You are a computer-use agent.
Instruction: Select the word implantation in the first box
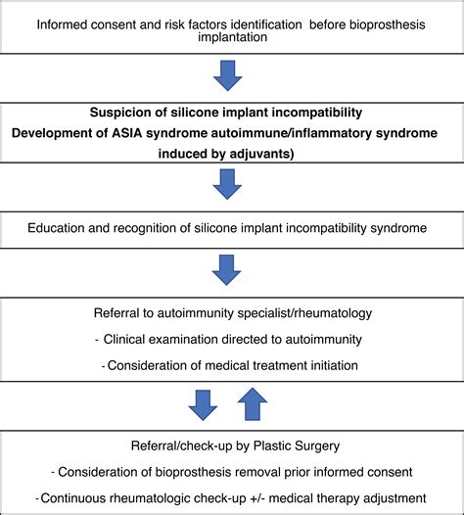point(233,37)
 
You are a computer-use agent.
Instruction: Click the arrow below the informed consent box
point(227,75)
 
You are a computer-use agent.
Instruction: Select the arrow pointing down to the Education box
point(227,184)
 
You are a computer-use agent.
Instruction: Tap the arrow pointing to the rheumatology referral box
point(226,270)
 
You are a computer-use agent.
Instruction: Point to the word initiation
point(334,365)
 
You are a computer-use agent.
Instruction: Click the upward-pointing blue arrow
point(253,404)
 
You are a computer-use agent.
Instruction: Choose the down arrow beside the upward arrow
point(203,405)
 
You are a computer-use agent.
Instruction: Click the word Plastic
point(271,445)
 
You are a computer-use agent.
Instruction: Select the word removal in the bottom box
point(258,472)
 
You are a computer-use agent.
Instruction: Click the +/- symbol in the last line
point(257,498)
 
